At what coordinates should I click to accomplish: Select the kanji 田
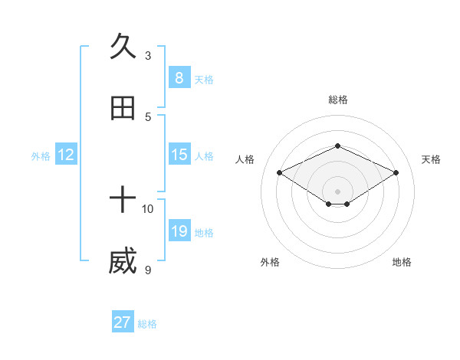click(x=123, y=108)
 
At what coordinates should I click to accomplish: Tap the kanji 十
click(x=123, y=201)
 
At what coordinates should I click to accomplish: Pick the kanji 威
click(x=123, y=263)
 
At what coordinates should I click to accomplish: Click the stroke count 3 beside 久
click(x=148, y=55)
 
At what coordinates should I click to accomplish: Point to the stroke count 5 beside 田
click(x=148, y=117)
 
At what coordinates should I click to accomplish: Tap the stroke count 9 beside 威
click(x=148, y=270)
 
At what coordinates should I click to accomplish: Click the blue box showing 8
click(x=179, y=77)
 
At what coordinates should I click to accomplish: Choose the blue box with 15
click(x=179, y=155)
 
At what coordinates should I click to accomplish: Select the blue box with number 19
click(x=179, y=231)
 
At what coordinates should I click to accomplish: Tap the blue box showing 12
click(x=66, y=155)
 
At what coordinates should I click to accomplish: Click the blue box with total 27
click(x=123, y=322)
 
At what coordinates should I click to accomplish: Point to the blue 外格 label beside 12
click(x=41, y=156)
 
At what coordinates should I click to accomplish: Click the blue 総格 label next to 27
click(x=147, y=324)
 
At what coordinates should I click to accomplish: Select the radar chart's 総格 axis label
click(x=337, y=100)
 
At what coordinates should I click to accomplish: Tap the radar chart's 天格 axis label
click(x=431, y=159)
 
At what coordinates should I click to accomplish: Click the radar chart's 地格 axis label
click(x=402, y=262)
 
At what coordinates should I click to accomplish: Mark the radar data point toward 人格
click(x=280, y=173)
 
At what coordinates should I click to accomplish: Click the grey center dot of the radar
click(x=337, y=191)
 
